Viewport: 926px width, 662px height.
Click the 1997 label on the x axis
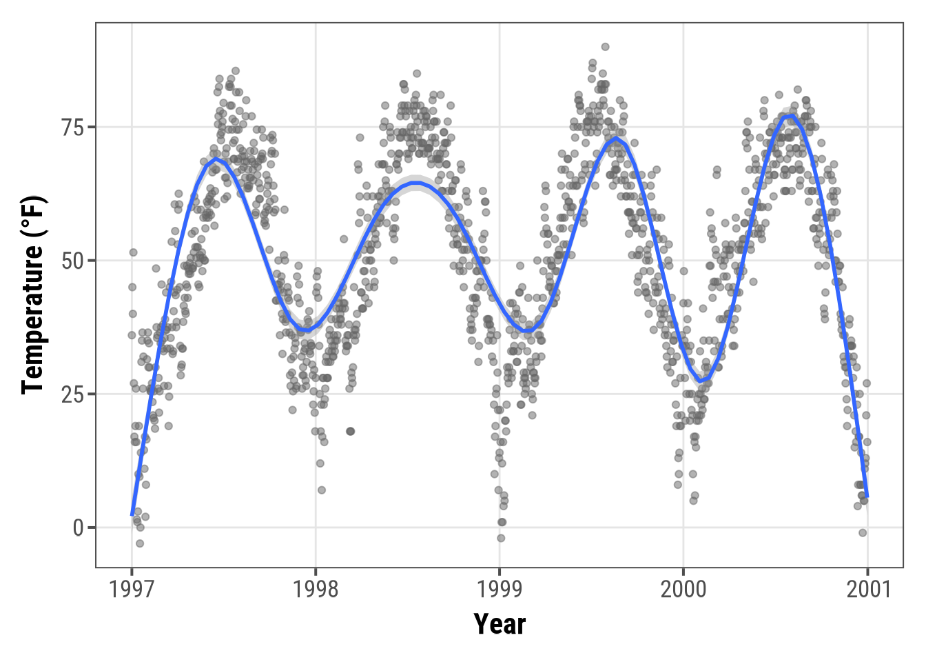tap(132, 590)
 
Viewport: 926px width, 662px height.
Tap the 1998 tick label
tap(316, 590)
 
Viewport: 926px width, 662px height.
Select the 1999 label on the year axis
tap(500, 590)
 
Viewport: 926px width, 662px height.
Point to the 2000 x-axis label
tap(683, 590)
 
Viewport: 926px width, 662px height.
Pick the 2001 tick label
tap(867, 590)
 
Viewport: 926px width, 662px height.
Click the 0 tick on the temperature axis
tap(78, 528)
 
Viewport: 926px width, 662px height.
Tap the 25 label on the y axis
tap(72, 394)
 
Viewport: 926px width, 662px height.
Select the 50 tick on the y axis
tap(72, 261)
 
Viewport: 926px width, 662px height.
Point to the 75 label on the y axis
tap(72, 128)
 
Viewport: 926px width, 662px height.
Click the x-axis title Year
tap(500, 624)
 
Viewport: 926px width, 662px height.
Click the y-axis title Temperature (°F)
tap(33, 295)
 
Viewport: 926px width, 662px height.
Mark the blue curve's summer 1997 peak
tap(216, 159)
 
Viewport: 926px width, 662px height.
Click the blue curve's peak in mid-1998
tap(416, 183)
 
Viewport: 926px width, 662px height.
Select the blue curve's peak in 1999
tap(616, 139)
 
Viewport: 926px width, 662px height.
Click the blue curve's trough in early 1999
tap(527, 332)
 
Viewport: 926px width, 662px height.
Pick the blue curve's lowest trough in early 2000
tap(700, 381)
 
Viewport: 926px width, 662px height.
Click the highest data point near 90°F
tap(605, 47)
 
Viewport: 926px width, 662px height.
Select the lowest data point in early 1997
tap(140, 543)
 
